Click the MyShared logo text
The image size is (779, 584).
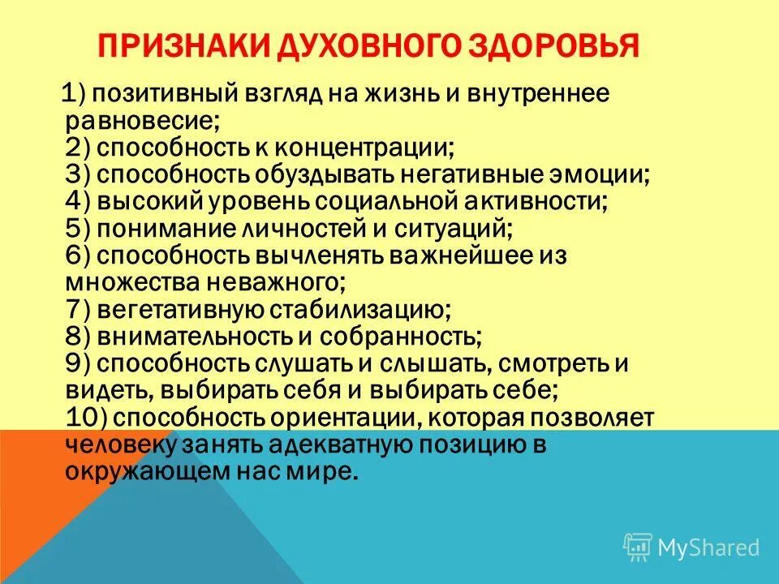708,547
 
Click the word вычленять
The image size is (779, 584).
320,255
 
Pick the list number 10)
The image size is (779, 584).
84,417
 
